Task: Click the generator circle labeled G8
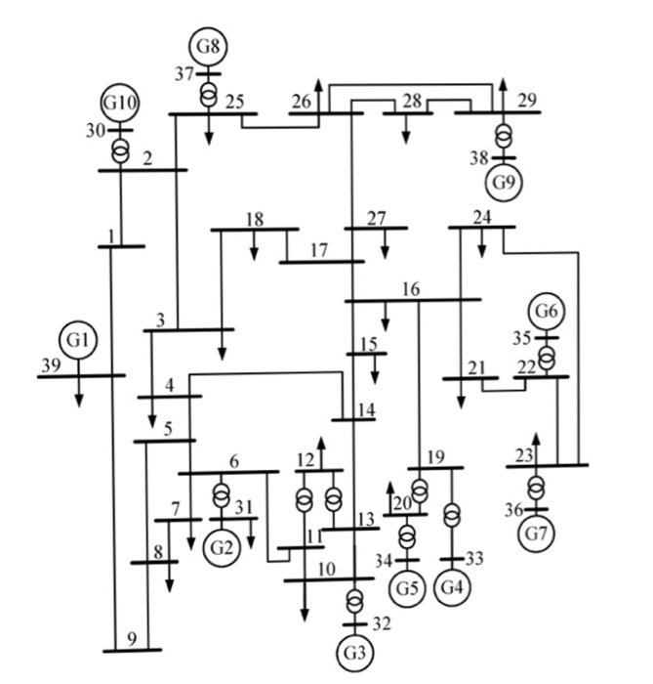(208, 47)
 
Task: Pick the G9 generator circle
(503, 182)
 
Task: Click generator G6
(548, 312)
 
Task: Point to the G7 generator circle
(536, 534)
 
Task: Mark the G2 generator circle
(223, 546)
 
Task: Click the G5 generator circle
(407, 587)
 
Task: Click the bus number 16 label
(410, 289)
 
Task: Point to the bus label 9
(132, 640)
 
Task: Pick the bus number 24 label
(480, 217)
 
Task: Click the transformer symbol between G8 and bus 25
(208, 95)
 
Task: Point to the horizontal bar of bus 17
(321, 262)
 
